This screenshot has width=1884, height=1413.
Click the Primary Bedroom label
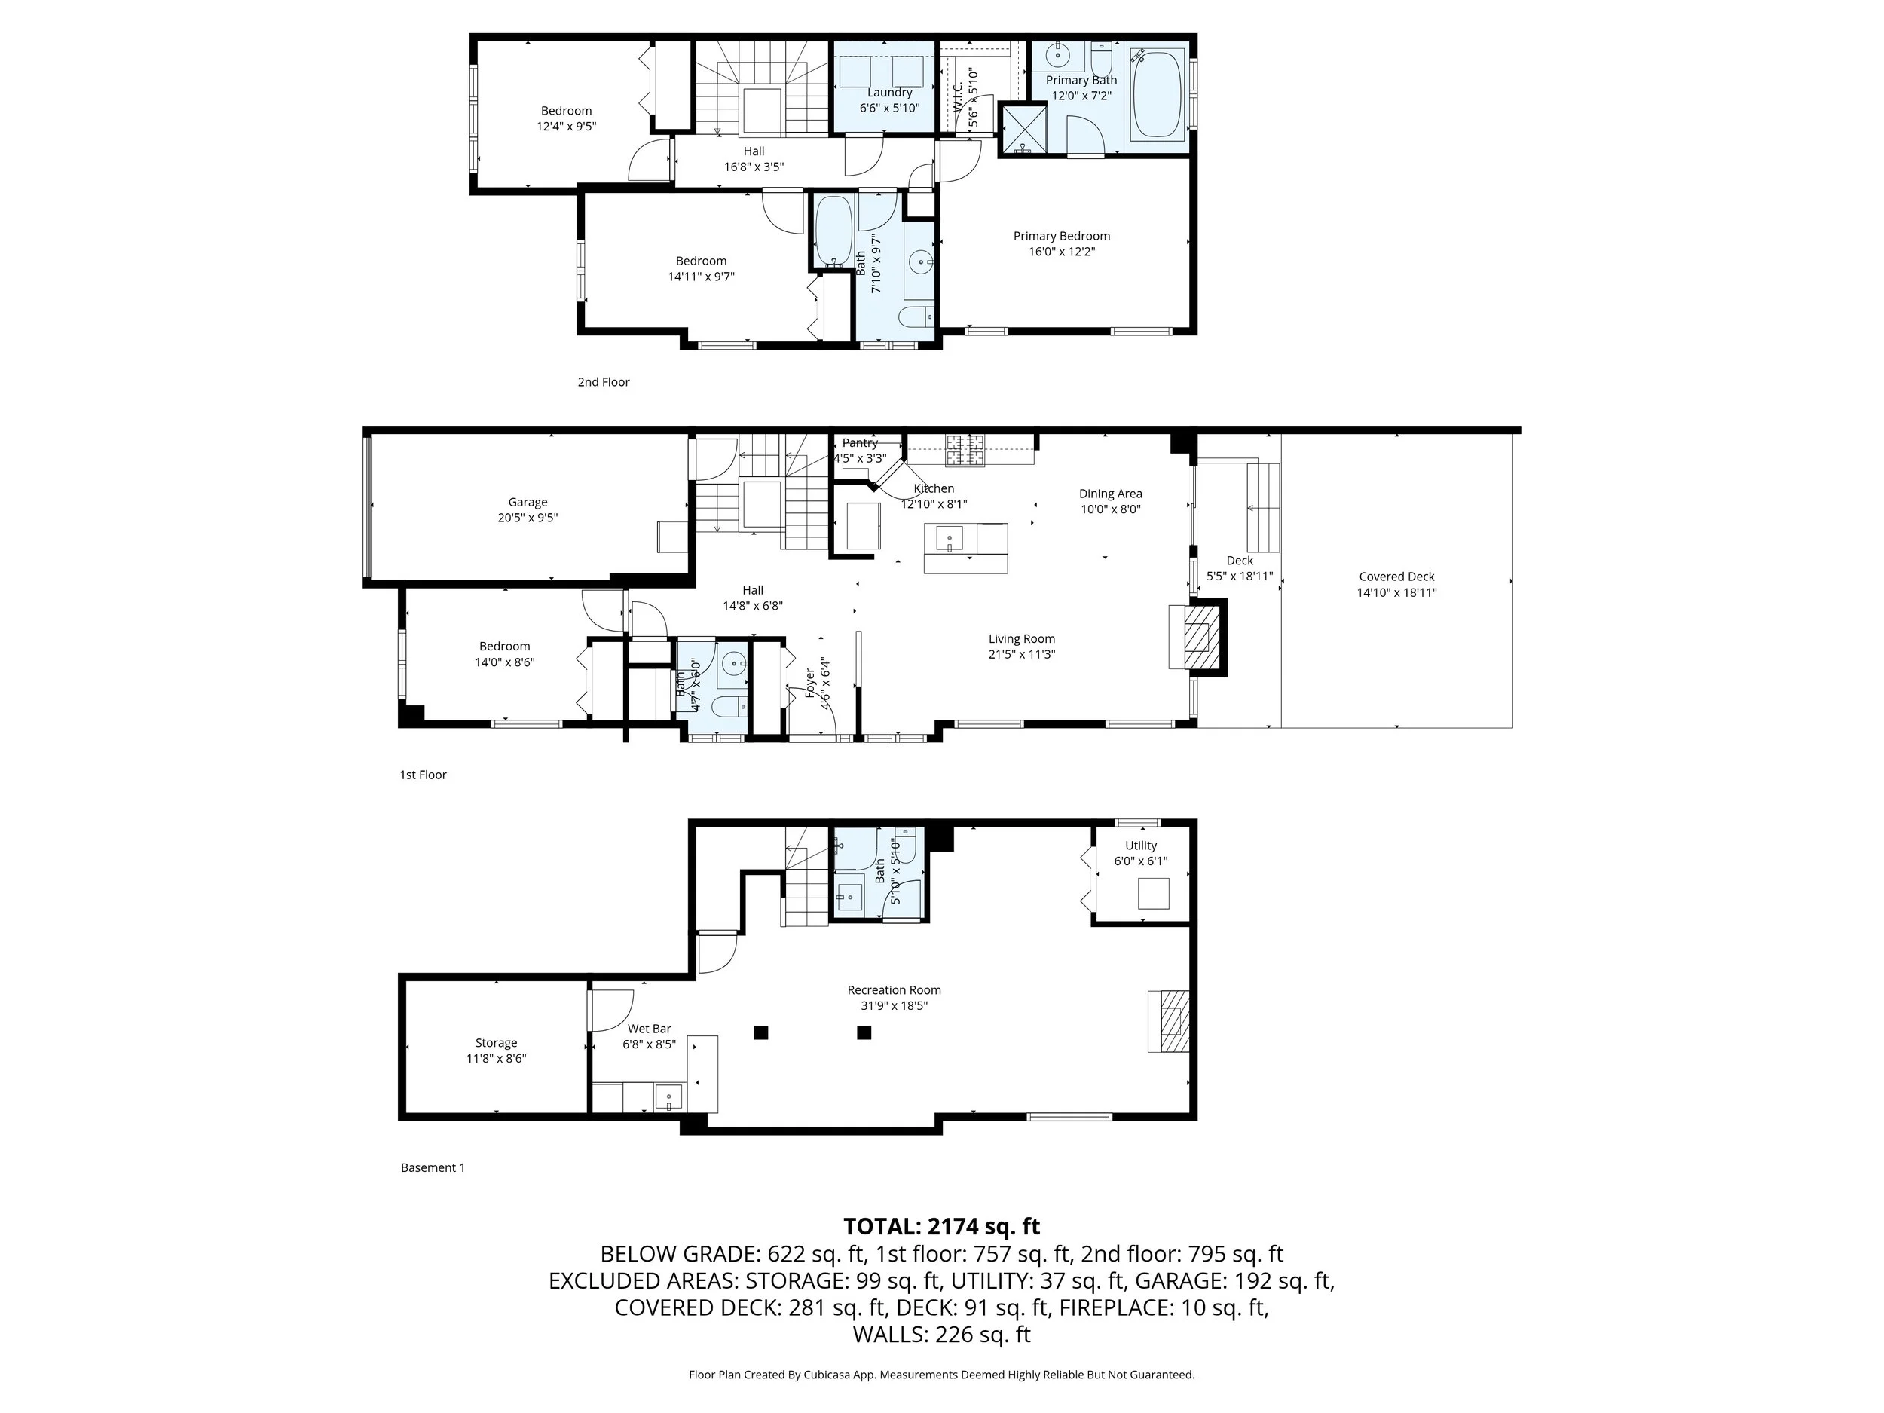pos(1061,236)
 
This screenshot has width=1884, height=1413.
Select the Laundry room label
pos(889,92)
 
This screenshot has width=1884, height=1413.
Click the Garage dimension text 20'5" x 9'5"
pos(528,518)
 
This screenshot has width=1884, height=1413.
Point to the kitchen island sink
pos(950,538)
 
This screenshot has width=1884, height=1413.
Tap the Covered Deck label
pos(1397,577)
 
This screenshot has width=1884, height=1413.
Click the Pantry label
pos(861,443)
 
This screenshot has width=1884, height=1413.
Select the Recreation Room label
pos(895,989)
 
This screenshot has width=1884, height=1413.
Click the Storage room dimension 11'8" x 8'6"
pos(497,1059)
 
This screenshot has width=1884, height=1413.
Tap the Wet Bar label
pos(650,1029)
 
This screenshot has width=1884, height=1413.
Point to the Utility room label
pos(1141,846)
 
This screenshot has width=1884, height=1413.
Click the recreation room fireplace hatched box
pos(1176,1021)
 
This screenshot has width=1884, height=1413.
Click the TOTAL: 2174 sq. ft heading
pos(942,1226)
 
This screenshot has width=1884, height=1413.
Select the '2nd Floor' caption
pos(604,382)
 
